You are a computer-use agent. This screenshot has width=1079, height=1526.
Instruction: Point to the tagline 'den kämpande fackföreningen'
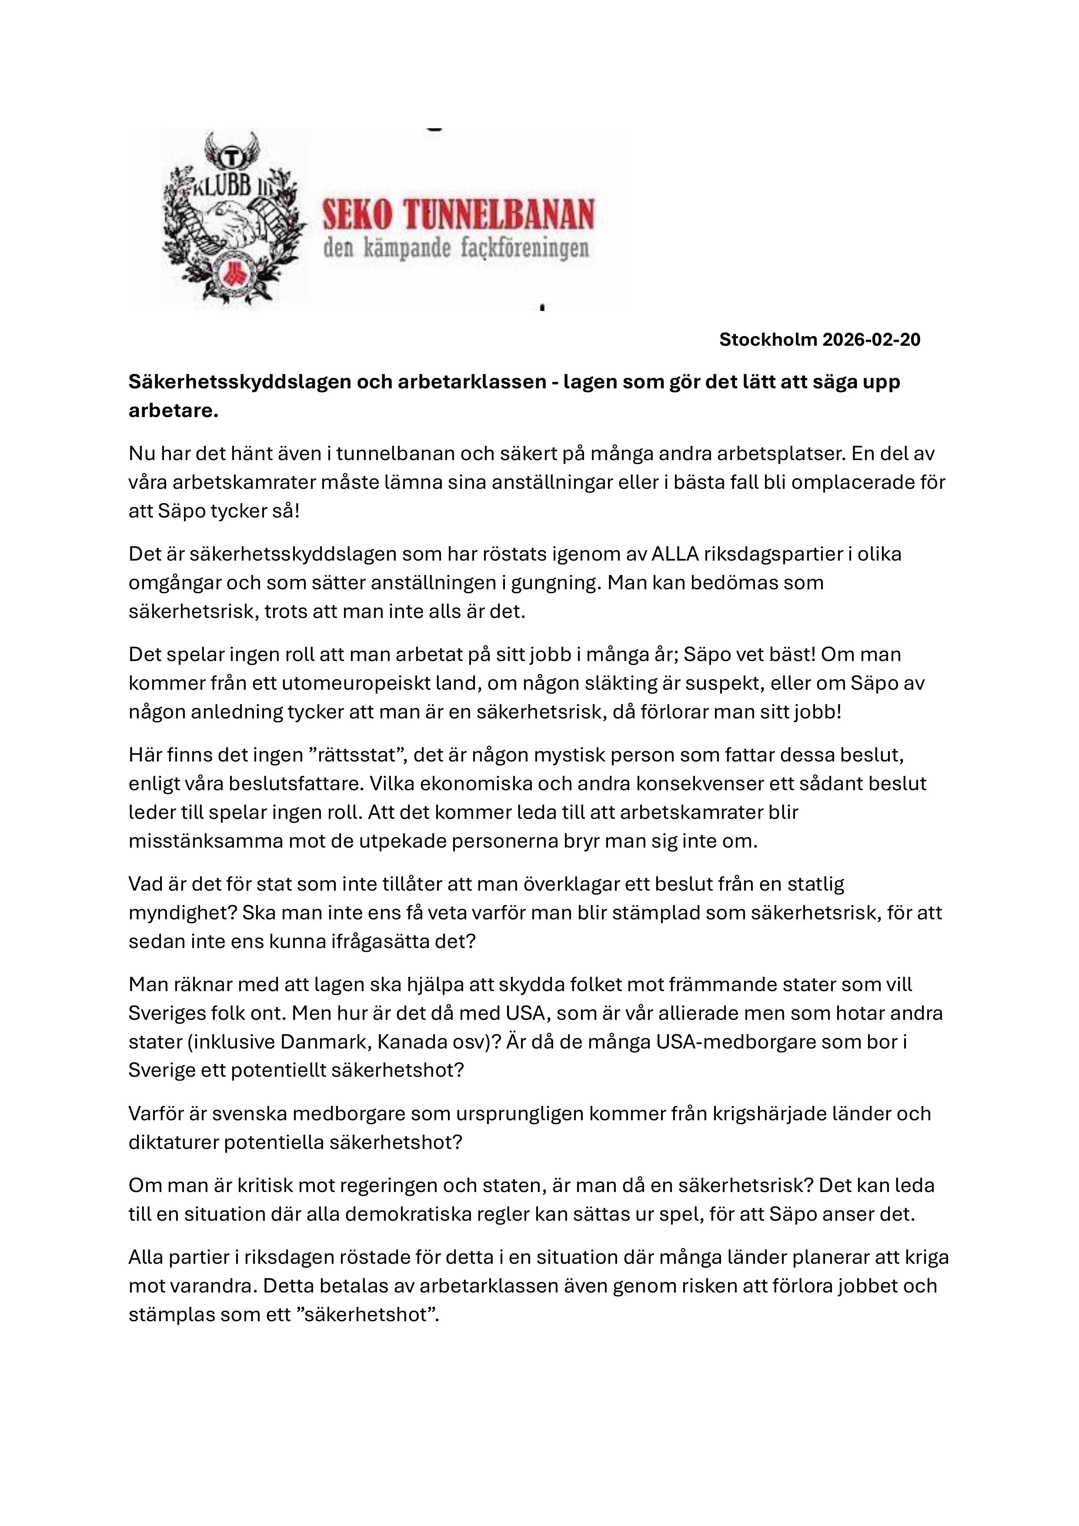click(x=456, y=249)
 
